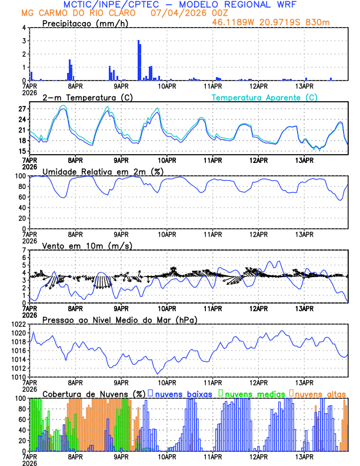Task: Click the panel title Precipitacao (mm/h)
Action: (85, 24)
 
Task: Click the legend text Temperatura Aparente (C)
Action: (265, 97)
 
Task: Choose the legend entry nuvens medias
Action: (249, 394)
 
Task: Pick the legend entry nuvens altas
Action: (318, 394)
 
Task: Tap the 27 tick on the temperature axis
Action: (22, 109)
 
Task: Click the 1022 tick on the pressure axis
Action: (18, 324)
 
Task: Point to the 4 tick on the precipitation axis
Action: (24, 28)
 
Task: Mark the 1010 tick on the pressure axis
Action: (18, 377)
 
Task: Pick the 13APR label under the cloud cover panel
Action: (304, 457)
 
